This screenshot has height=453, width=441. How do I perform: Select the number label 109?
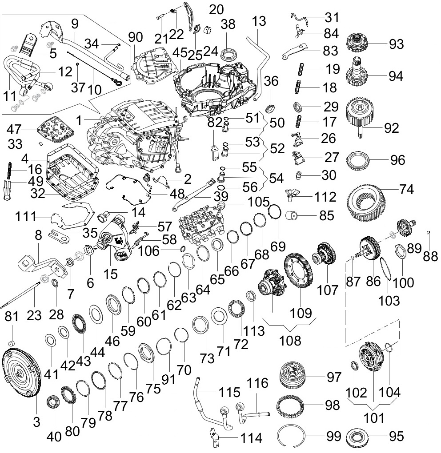[x=301, y=313]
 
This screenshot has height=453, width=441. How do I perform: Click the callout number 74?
[x=407, y=189]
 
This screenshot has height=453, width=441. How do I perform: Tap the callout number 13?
[x=259, y=21]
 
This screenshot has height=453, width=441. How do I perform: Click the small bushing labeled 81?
[x=12, y=343]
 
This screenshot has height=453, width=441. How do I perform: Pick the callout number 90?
[x=135, y=37]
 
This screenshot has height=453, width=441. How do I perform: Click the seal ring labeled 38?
[x=229, y=54]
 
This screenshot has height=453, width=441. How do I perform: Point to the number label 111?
[x=26, y=216]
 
